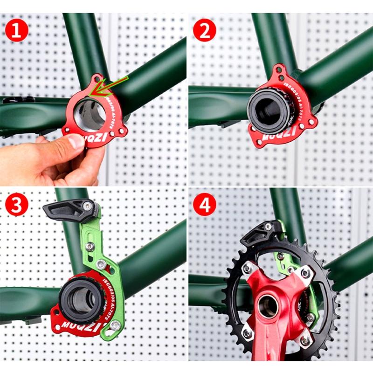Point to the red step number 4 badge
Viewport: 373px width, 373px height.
pyautogui.click(x=204, y=205)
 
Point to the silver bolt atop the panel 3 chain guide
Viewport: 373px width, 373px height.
pyautogui.click(x=88, y=206)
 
